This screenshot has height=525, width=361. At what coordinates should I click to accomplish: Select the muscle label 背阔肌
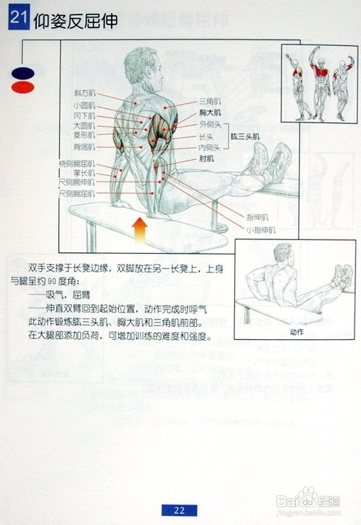tap(84, 147)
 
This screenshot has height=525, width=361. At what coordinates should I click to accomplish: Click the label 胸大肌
tap(210, 113)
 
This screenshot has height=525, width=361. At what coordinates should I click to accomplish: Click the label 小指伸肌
tap(261, 230)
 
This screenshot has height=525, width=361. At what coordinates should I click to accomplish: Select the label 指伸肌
tap(257, 217)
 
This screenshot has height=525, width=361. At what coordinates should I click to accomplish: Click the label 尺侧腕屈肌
tap(77, 194)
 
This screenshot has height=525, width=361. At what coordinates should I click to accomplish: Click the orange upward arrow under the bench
tap(139, 230)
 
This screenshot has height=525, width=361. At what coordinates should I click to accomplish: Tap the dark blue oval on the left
tap(22, 73)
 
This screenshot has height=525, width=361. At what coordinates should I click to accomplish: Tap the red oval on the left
tap(22, 87)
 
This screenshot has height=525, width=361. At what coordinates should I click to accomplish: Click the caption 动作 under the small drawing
tap(297, 331)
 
